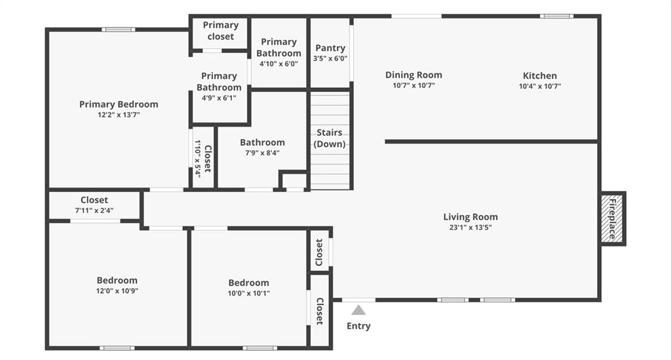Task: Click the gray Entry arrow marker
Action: [358, 310]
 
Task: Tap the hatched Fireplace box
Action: [612, 218]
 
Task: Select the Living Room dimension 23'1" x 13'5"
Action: [470, 228]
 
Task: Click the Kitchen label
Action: [540, 76]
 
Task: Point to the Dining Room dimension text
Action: [414, 85]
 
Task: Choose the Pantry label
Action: [330, 48]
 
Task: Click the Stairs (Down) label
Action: [330, 138]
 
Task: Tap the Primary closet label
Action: [220, 31]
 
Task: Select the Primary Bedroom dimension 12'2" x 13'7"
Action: [119, 115]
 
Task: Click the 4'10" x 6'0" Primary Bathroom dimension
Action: [278, 64]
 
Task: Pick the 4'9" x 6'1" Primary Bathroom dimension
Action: [219, 98]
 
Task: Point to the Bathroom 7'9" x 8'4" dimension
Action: [262, 153]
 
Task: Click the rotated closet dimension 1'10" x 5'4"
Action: [198, 159]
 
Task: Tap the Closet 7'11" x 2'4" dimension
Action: [94, 210]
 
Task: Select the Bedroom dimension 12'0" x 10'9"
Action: [117, 291]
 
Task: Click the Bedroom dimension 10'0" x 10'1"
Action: [248, 293]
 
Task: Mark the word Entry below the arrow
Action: [358, 326]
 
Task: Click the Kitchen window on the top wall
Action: [556, 16]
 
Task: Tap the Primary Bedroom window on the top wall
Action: [119, 30]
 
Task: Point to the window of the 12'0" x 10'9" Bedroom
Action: [117, 348]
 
